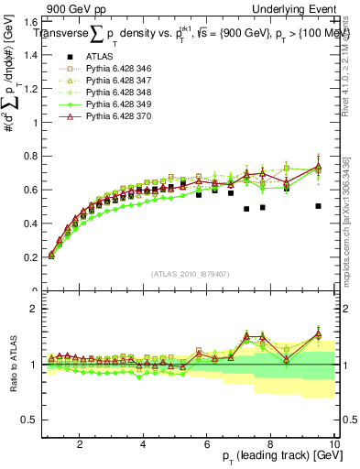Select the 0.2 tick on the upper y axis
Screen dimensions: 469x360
(30, 257)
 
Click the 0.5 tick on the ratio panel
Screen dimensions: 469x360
(30, 420)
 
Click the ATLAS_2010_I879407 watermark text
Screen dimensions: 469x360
(190, 274)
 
